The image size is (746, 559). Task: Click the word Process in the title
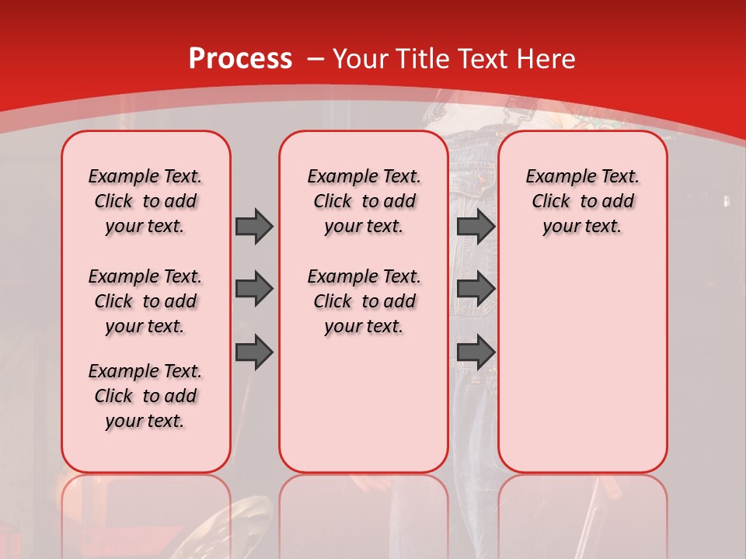pos(240,59)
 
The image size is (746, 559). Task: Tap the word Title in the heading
pos(418,59)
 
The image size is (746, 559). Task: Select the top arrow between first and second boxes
pos(254,226)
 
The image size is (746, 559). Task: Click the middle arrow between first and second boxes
pos(254,289)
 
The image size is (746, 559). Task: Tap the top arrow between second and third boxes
pos(476,226)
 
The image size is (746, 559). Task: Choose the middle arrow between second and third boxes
pos(476,289)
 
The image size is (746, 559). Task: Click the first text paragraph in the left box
pos(145,201)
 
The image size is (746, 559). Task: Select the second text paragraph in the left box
pos(145,301)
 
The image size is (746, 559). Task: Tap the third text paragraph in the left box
pos(145,396)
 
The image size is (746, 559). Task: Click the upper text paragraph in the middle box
pos(364,201)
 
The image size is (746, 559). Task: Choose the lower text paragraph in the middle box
pos(364,301)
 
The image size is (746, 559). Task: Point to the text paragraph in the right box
pos(582,201)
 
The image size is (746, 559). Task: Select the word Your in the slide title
pos(361,59)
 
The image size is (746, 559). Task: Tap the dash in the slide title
pos(316,59)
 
